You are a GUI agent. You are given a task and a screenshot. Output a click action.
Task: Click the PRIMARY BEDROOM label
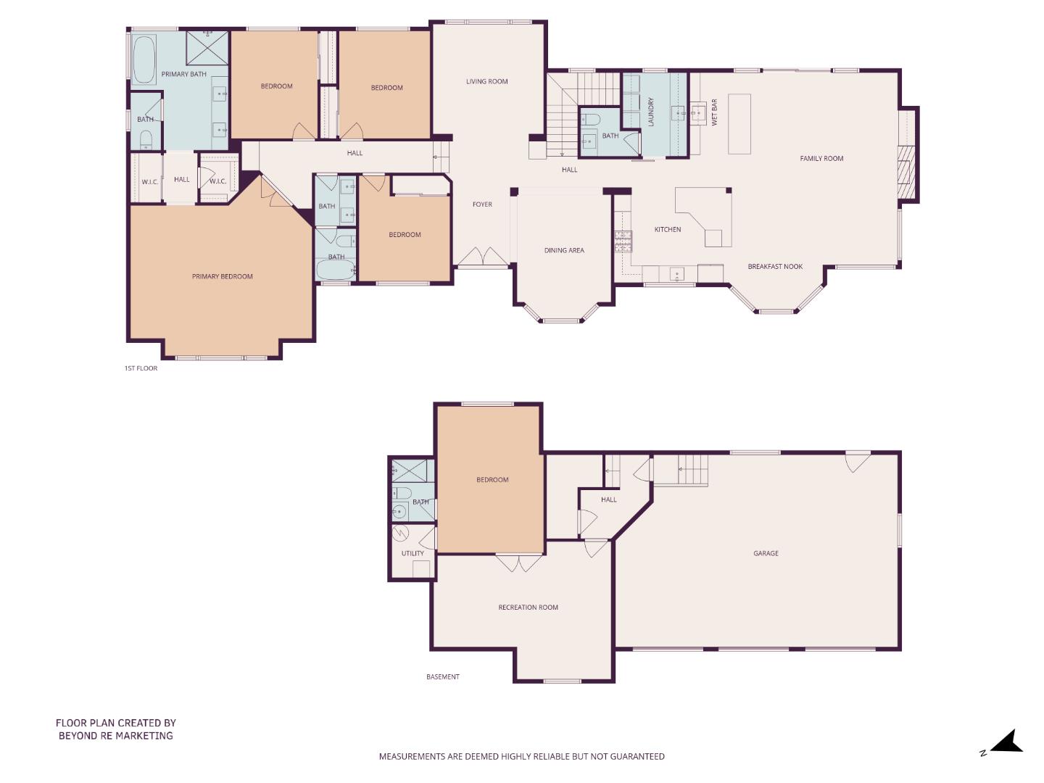[222, 276]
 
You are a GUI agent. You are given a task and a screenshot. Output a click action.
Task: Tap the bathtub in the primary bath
[144, 59]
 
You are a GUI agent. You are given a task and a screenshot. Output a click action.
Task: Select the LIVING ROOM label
[486, 82]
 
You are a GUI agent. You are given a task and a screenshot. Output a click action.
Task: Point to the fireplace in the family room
[907, 173]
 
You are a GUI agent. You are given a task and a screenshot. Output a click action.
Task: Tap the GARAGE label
[766, 553]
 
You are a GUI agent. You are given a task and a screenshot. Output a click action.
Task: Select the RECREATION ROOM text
[528, 608]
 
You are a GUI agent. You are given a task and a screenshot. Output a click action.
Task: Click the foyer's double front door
[482, 257]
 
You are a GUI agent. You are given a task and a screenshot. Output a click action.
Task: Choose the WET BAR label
[714, 112]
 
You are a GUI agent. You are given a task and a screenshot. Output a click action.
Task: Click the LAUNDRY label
[651, 112]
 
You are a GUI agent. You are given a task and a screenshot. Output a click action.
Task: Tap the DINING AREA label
[564, 251]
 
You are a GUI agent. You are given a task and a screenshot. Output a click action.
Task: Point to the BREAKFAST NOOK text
[775, 267]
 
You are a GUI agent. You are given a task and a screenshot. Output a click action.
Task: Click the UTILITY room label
[413, 554]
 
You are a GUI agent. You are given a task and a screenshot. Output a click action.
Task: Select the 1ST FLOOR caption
[141, 368]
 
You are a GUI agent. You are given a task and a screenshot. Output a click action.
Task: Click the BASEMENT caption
[442, 677]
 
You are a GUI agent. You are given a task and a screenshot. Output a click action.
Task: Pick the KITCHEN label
[667, 230]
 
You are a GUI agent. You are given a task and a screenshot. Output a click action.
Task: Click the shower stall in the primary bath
[207, 48]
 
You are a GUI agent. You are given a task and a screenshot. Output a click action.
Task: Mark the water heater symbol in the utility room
[401, 534]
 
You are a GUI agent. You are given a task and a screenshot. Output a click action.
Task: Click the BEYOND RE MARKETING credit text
[116, 736]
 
